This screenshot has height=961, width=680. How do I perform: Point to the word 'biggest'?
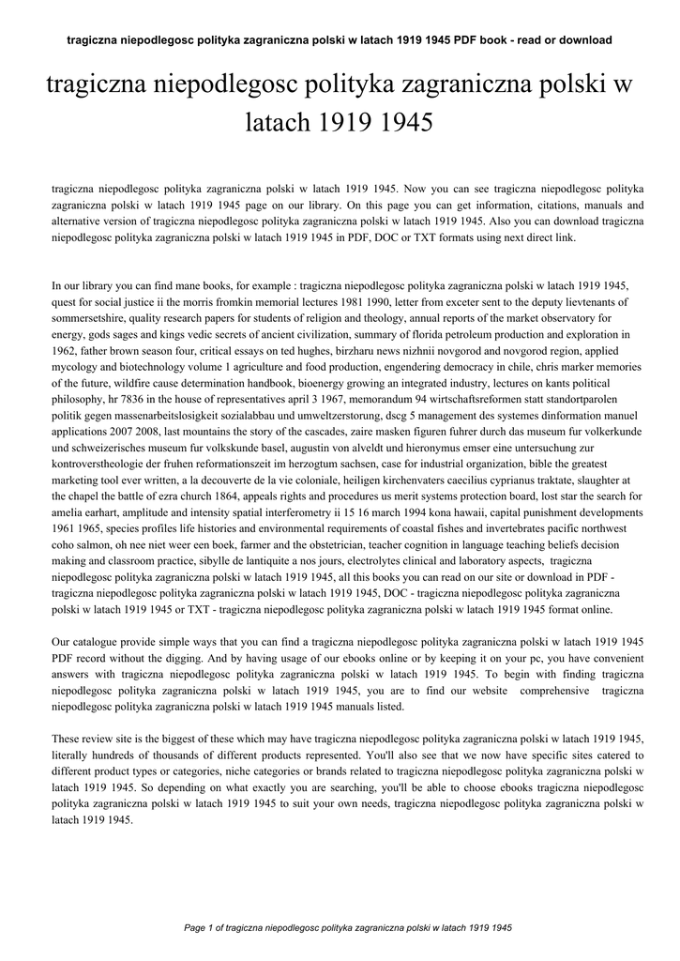click(157, 739)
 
